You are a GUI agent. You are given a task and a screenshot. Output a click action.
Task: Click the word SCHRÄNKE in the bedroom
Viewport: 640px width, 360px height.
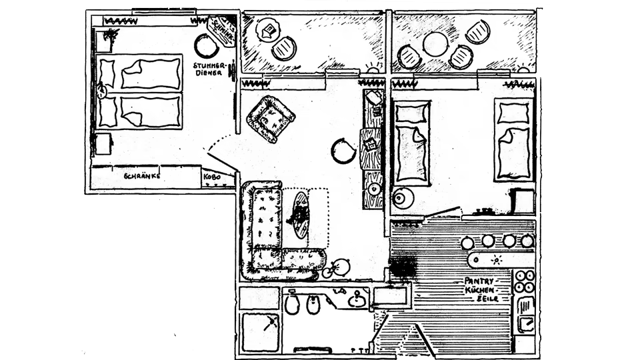[141, 177]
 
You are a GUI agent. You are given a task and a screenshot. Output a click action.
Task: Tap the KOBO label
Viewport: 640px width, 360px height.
[213, 177]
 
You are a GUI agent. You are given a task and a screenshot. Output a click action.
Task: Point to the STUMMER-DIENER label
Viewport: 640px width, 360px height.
[210, 69]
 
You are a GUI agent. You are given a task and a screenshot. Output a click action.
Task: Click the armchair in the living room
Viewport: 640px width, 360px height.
[271, 119]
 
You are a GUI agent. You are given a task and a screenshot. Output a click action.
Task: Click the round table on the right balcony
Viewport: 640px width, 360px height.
[435, 44]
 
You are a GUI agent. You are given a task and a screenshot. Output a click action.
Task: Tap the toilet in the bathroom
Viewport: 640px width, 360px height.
[292, 305]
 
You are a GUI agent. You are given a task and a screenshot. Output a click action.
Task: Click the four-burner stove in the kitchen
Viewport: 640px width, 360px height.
[524, 281]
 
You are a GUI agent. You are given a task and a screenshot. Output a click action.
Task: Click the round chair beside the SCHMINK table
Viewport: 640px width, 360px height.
[206, 47]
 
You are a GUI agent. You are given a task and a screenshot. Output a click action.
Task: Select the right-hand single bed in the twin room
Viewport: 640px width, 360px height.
[513, 140]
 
